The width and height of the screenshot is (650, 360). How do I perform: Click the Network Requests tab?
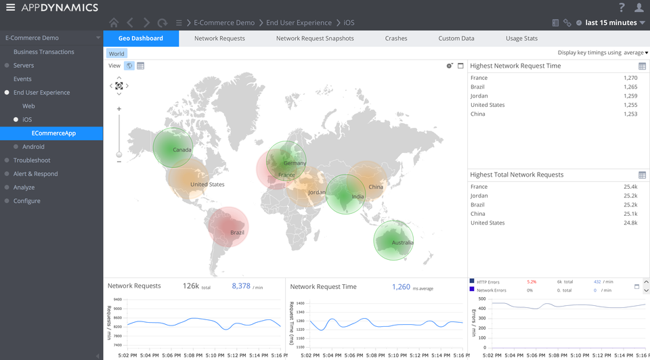219,39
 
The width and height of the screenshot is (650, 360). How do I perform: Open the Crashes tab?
396,39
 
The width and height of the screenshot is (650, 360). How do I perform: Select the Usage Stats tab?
521,39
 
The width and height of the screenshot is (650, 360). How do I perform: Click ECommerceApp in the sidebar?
53,133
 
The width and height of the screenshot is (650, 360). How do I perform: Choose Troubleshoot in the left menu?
32,160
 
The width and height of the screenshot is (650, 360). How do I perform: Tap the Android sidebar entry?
33,147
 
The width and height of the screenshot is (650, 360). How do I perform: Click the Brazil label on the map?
237,233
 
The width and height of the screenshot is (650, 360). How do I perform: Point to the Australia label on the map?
402,243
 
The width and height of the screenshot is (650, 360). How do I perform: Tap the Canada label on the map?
182,150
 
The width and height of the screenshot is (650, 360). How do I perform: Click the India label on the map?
358,197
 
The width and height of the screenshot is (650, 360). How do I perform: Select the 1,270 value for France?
630,78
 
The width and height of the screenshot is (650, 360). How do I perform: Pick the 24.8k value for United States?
630,223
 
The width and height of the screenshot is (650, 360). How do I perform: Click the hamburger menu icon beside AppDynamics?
10,7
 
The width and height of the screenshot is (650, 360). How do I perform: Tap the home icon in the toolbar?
113,23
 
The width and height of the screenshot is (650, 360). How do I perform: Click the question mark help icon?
622,7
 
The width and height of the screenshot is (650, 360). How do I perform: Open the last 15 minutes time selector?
611,23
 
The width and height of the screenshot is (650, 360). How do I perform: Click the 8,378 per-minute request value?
241,286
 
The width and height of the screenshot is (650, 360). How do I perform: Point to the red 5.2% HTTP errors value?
532,282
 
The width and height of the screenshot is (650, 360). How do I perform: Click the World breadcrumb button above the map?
116,53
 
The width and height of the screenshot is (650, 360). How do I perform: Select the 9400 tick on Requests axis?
117,299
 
